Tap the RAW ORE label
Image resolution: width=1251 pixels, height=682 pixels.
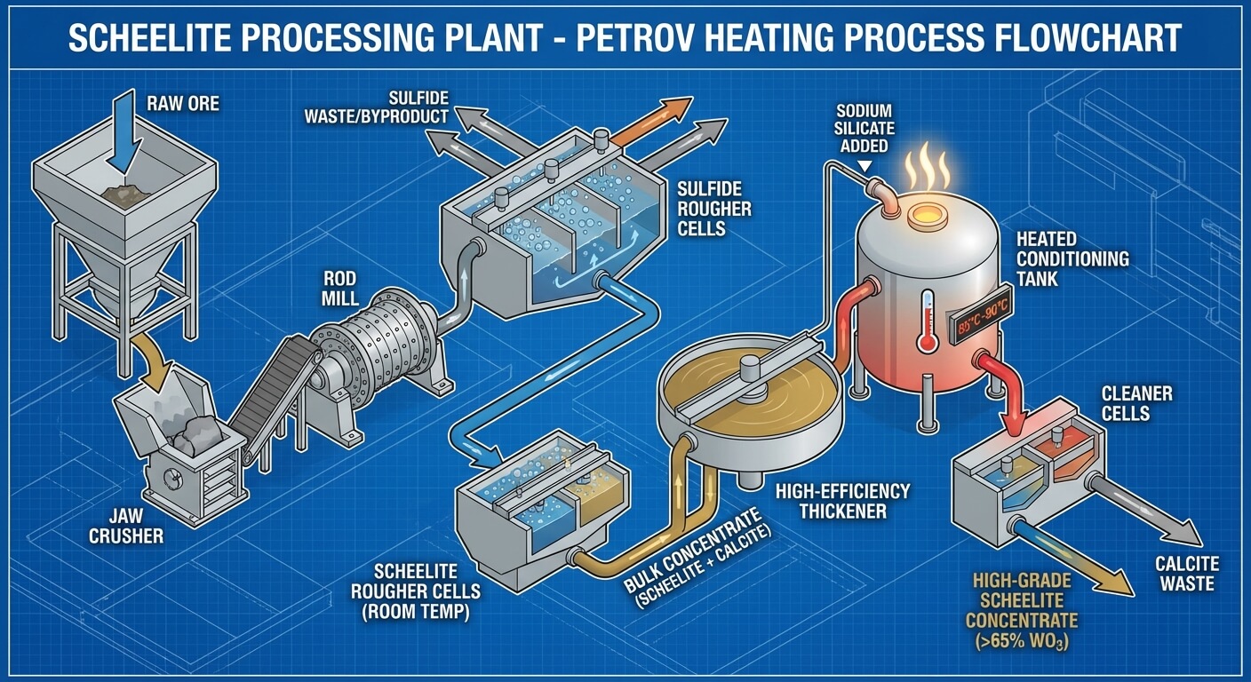[x=183, y=105]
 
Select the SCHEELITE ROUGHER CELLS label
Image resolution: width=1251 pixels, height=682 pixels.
[x=416, y=591]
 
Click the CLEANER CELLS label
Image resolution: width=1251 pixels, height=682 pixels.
[x=1136, y=403]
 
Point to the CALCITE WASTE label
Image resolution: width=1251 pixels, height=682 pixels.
[x=1186, y=573]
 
